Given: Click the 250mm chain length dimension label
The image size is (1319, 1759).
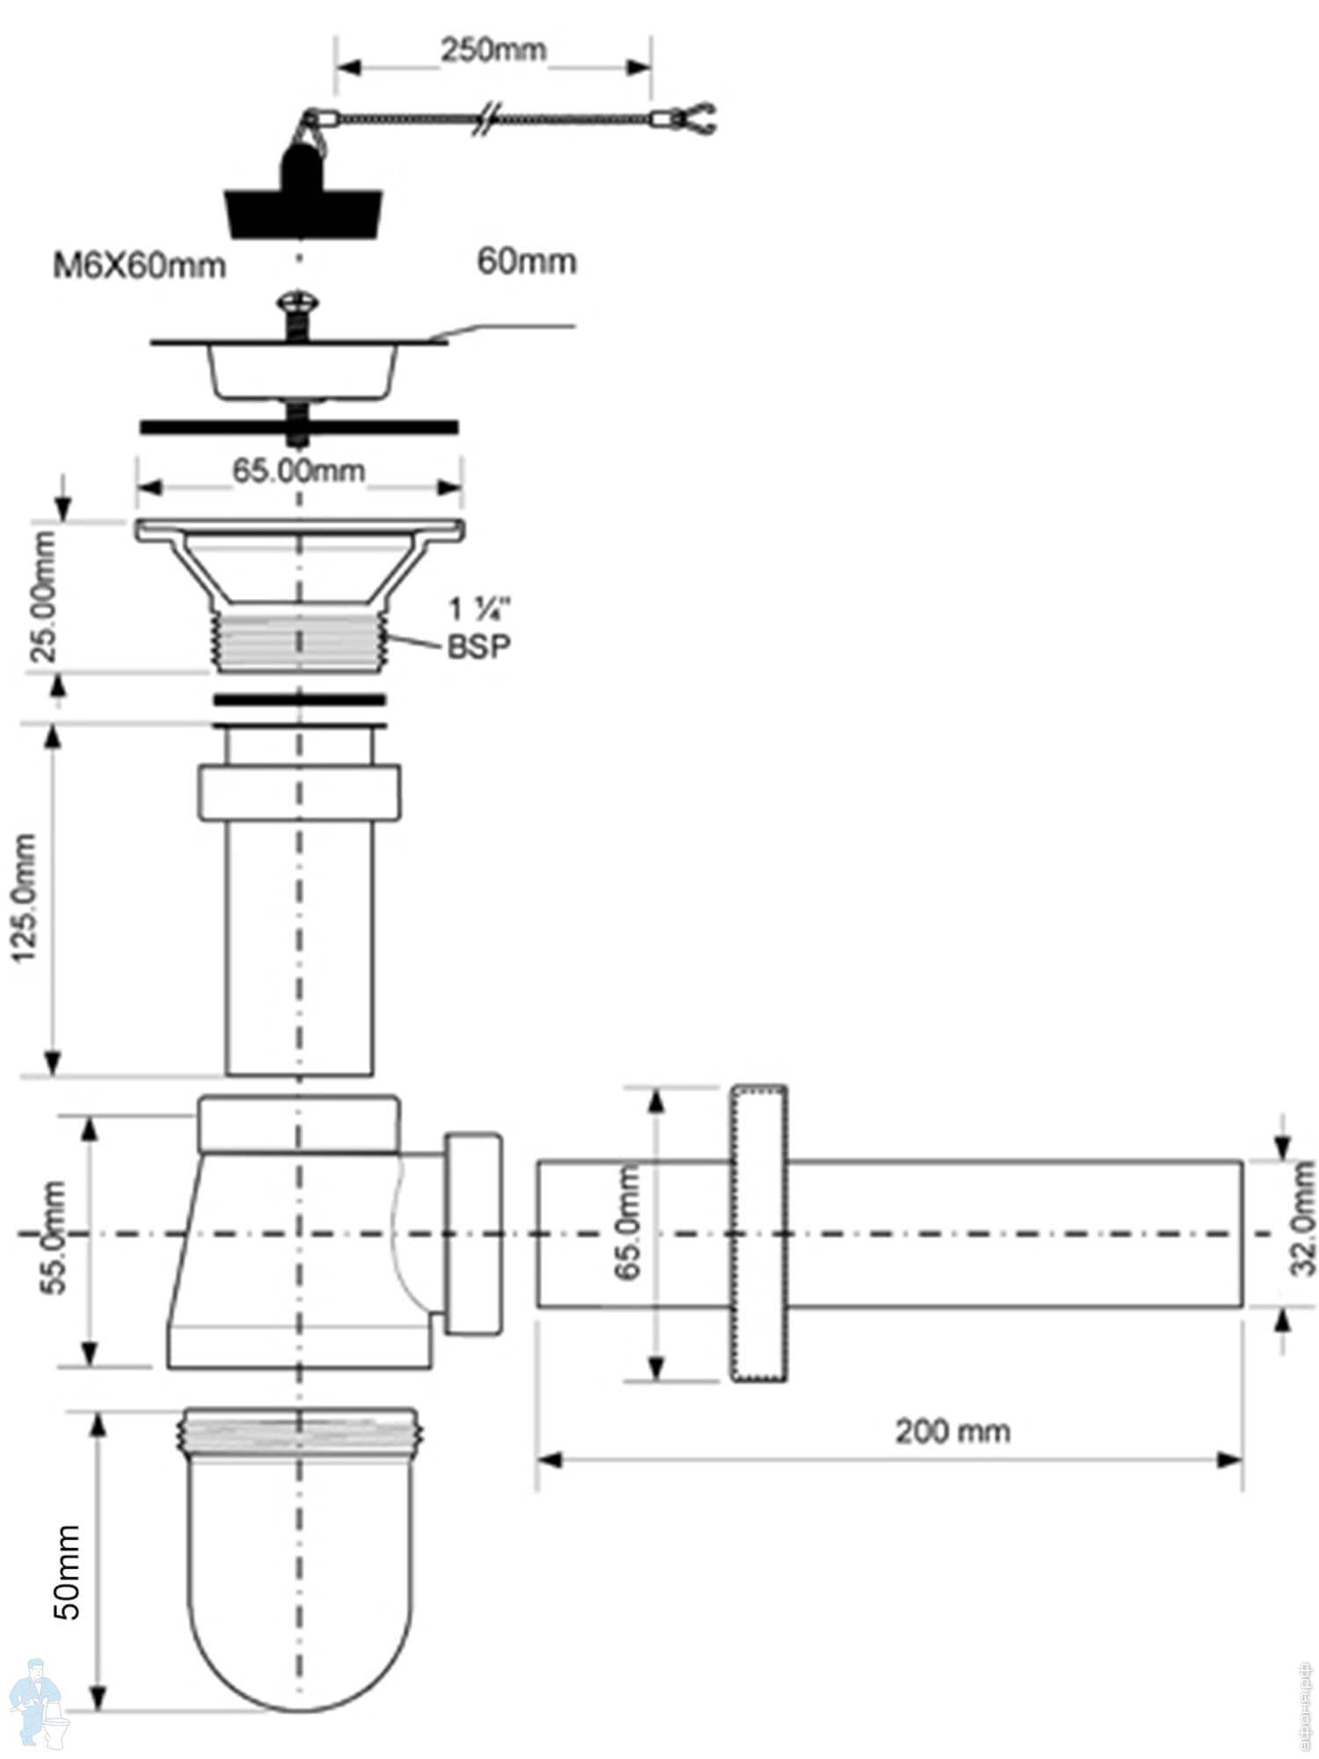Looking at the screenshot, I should pos(492,51).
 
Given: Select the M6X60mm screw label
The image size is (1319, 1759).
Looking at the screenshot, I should pos(139,265).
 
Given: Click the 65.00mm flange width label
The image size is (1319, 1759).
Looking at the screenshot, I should pos(298,471).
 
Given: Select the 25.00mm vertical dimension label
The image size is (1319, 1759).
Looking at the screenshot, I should pos(42,595).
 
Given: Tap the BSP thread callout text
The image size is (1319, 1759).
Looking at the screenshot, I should pos(478,646).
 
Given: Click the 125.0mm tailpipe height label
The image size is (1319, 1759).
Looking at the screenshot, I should pos(26,896).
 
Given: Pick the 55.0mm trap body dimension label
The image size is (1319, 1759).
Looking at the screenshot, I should pos(53,1237).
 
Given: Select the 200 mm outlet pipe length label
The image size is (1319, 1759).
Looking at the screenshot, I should pos(952,1432).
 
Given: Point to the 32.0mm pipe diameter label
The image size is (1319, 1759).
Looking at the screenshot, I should pos(1302,1217).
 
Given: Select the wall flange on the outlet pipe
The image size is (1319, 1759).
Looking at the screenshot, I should pos(758,1232).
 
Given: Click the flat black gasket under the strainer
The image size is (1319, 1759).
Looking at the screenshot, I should pos(299,427).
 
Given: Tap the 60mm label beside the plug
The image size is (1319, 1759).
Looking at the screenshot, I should pos(526,261).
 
